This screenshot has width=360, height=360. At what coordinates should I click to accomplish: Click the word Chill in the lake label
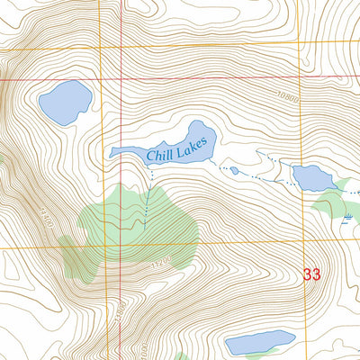coord(162,154)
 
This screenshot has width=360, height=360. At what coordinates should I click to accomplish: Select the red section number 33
coord(312,274)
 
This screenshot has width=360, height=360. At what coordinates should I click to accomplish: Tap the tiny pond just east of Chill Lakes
coord(234,170)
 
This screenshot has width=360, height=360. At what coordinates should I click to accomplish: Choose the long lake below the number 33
coord(259,342)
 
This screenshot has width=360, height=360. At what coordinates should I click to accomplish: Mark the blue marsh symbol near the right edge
coord(346,218)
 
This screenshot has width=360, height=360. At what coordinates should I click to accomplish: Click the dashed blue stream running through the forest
coord(144,202)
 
